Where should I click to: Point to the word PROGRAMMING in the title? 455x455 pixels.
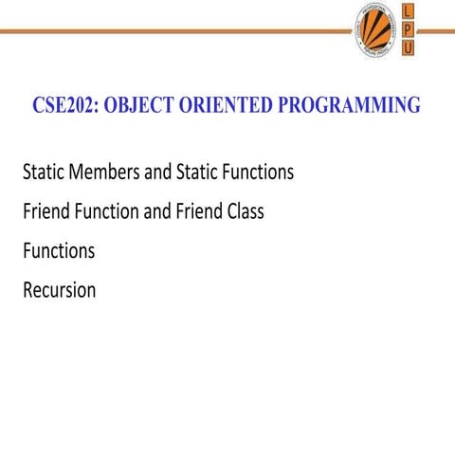349,105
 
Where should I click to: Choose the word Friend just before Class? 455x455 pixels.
197,211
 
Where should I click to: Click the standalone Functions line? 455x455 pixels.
59,251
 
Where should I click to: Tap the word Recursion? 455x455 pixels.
59,290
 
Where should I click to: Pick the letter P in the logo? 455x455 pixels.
408,30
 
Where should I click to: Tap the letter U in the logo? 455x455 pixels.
408,48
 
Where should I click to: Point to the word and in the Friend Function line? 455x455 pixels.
157,211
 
